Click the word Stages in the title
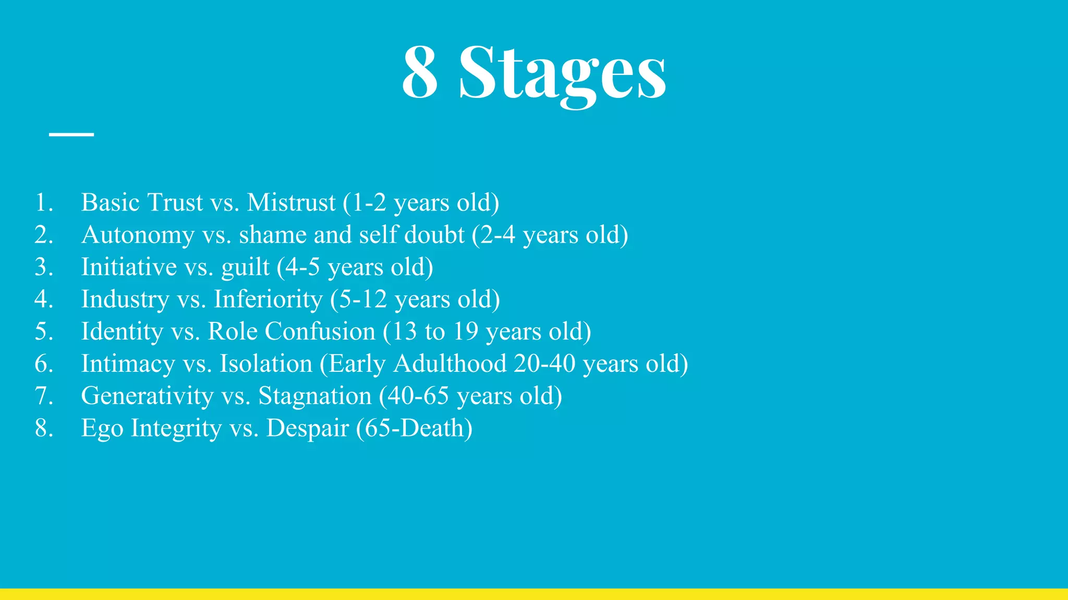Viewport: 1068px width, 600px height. click(562, 73)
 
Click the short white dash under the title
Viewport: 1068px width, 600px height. click(71, 134)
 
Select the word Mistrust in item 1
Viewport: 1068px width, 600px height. click(291, 203)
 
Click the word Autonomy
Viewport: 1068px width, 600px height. click(138, 235)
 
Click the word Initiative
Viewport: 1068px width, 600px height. click(129, 267)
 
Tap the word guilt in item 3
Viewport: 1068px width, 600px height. click(245, 268)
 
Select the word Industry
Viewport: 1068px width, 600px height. click(125, 299)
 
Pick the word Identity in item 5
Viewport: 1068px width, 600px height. click(122, 332)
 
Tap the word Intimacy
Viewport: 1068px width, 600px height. click(128, 364)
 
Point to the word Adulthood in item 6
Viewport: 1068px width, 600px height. click(450, 364)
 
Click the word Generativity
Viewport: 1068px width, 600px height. click(147, 396)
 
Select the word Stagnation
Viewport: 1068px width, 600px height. click(314, 396)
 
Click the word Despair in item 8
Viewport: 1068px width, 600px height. click(307, 428)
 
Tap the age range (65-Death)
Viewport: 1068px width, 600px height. click(414, 428)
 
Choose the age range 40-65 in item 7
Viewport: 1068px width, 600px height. click(417, 396)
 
